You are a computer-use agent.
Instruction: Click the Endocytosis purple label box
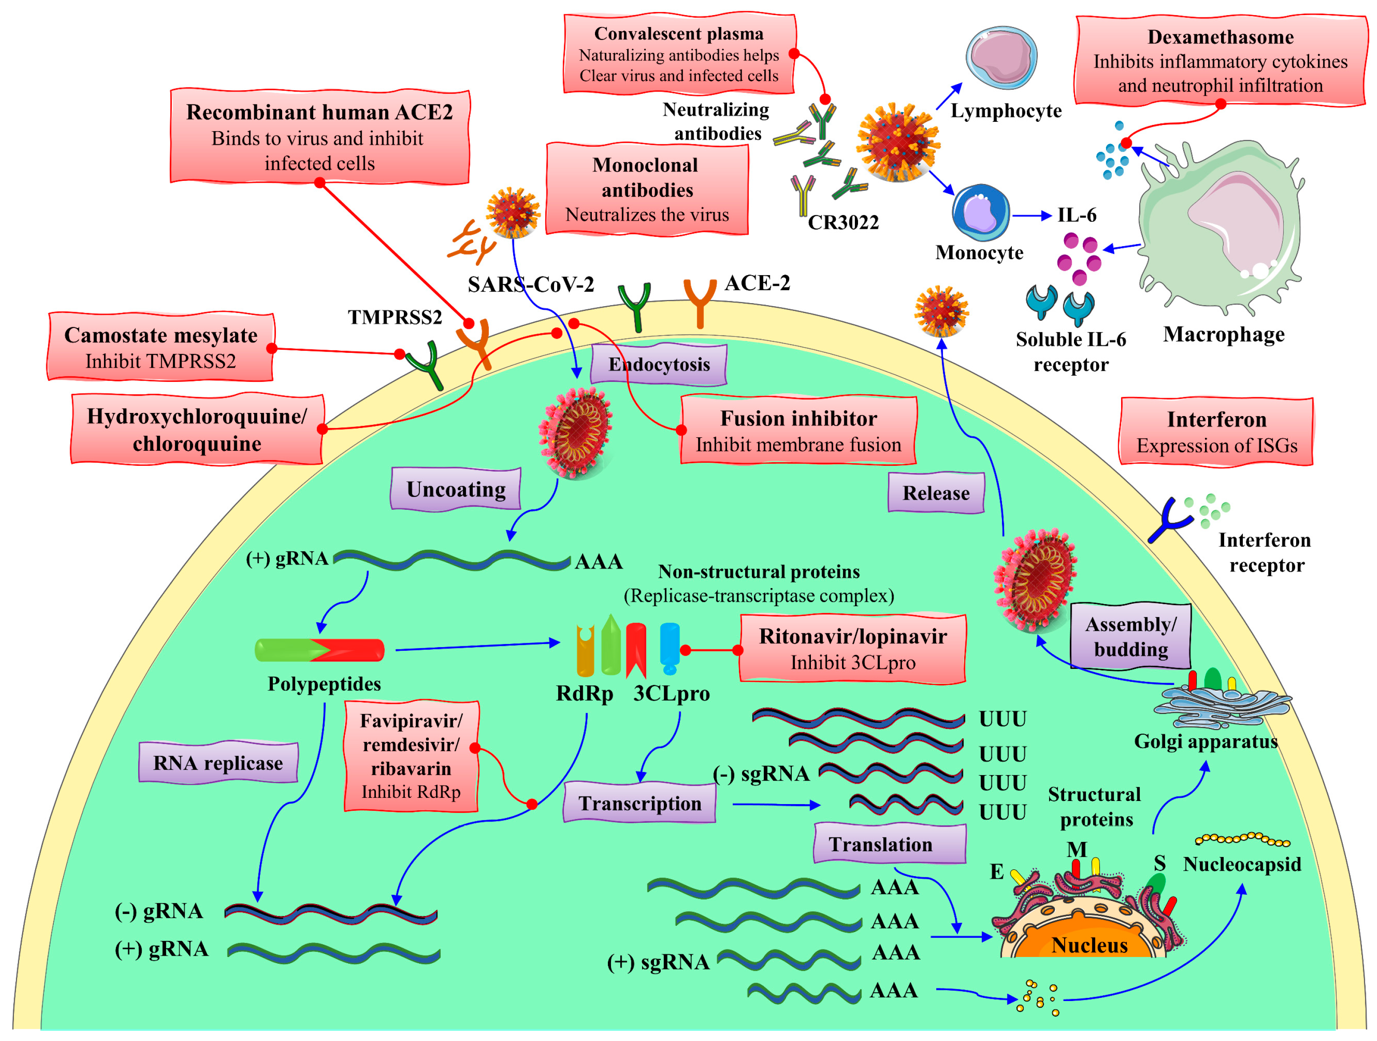[x=659, y=364]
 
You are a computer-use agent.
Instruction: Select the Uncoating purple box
[x=456, y=489]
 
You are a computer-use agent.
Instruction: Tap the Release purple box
[x=936, y=493]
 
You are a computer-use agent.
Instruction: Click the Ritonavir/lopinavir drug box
[x=852, y=649]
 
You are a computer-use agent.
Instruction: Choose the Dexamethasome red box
[x=1220, y=60]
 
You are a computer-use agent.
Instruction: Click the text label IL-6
[x=1076, y=216]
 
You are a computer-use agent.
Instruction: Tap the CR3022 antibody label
[x=843, y=222]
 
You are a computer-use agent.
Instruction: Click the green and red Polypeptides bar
[x=319, y=650]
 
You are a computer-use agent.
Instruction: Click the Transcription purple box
[x=639, y=803]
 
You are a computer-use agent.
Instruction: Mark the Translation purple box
[x=889, y=844]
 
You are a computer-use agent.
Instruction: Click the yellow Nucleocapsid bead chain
[x=1242, y=839]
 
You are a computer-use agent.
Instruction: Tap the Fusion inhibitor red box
[x=798, y=431]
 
